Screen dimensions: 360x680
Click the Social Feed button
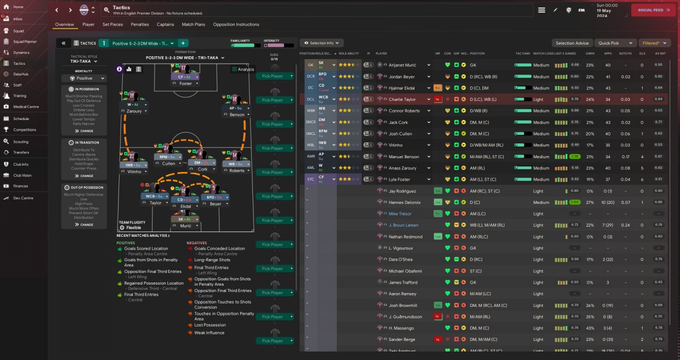(653, 10)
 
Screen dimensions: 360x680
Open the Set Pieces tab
(113, 24)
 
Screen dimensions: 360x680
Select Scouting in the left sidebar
(21, 142)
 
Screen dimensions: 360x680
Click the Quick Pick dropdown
(615, 43)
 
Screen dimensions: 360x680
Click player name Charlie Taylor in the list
(402, 99)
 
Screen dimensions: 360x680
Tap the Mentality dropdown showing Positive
(84, 78)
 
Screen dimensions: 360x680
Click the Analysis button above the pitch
(243, 69)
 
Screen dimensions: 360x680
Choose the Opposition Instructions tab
(236, 24)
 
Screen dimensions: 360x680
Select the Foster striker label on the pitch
(185, 83)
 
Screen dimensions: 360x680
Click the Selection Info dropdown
(322, 43)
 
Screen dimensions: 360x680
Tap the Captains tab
(165, 24)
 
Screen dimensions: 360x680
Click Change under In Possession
(84, 131)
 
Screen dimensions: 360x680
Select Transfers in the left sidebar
(21, 152)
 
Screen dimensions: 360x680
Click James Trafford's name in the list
(403, 282)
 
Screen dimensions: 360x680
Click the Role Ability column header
(349, 54)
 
